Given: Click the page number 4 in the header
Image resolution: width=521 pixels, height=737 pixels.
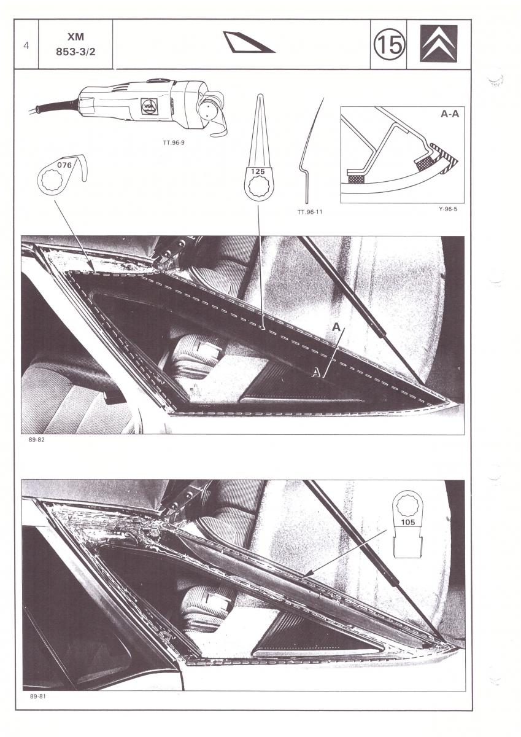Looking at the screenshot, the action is pyautogui.click(x=26, y=45).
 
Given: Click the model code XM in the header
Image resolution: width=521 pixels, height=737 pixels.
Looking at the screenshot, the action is pyautogui.click(x=75, y=37).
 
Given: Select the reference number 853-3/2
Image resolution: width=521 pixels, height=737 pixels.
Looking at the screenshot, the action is pyautogui.click(x=75, y=52).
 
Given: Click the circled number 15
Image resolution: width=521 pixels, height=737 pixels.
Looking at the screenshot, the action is pyautogui.click(x=390, y=45).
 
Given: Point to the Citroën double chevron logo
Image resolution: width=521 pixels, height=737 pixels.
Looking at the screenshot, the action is pyautogui.click(x=439, y=44).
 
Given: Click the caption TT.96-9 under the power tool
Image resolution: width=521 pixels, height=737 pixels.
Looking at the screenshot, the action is pyautogui.click(x=174, y=142).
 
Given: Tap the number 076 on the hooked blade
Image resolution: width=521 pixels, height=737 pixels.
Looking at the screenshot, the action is pyautogui.click(x=64, y=165).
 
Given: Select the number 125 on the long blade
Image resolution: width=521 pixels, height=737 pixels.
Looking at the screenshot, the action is pyautogui.click(x=258, y=171).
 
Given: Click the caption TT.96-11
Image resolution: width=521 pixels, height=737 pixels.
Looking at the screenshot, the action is pyautogui.click(x=310, y=213).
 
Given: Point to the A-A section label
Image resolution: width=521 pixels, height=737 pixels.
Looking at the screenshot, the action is pyautogui.click(x=450, y=114).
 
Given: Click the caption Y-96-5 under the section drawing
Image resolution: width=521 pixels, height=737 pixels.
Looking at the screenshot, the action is pyautogui.click(x=448, y=209).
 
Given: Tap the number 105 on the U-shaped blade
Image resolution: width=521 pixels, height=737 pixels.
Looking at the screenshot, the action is pyautogui.click(x=408, y=522).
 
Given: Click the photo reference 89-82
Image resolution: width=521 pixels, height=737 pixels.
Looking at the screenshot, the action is pyautogui.click(x=36, y=440).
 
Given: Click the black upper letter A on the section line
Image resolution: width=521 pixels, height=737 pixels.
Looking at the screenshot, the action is pyautogui.click(x=336, y=327).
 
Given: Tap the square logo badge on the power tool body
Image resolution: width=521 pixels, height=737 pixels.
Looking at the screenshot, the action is pyautogui.click(x=150, y=107).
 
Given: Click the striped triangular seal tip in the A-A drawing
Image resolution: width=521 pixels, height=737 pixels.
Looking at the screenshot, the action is pyautogui.click(x=446, y=157).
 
